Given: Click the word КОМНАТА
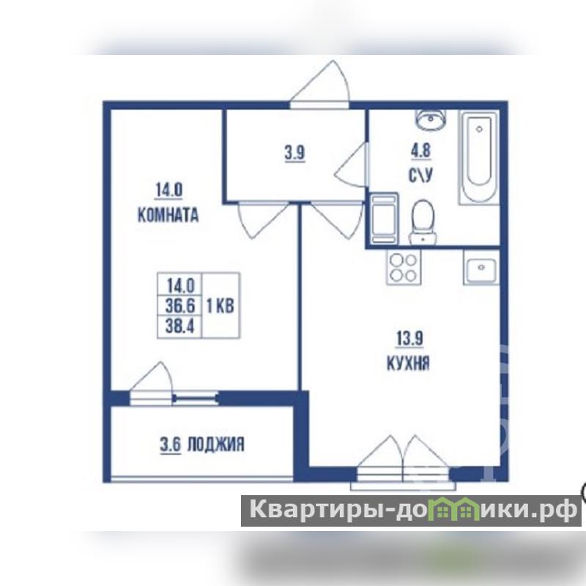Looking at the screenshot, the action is (168, 215).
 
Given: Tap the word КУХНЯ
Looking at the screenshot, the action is (408, 363).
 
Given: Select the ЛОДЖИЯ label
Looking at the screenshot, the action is (215, 445).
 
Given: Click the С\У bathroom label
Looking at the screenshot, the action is (420, 175).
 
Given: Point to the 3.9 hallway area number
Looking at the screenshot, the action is (295, 153).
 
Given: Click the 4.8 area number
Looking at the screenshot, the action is (420, 151).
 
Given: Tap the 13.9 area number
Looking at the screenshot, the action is (409, 339).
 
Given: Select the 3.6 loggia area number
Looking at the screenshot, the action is (171, 445).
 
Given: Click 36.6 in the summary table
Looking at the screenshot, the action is (180, 306).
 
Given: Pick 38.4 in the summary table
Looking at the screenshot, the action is (180, 326).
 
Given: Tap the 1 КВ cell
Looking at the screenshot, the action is (220, 306).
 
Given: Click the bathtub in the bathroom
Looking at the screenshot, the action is (479, 157).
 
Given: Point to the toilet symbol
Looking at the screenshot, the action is (423, 222).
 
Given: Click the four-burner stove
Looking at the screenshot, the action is (404, 267).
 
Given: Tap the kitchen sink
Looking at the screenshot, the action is (481, 267).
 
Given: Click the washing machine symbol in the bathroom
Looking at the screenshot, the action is (383, 219).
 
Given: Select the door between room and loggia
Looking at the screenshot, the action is (152, 382).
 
